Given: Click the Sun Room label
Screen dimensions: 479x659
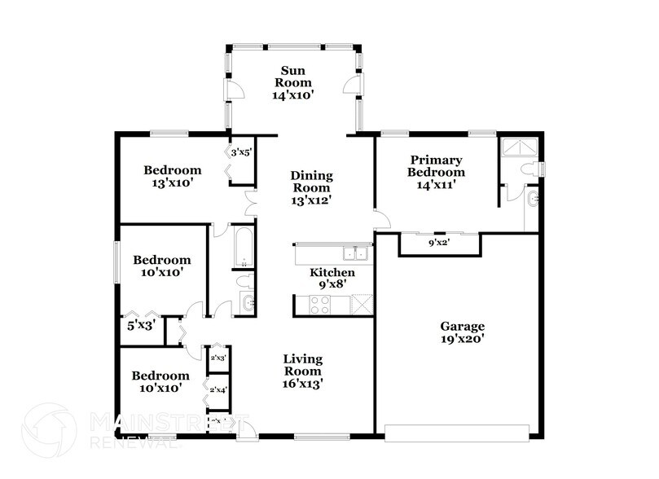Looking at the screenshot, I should (x=292, y=76).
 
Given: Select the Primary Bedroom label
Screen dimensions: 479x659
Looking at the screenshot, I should (x=437, y=166).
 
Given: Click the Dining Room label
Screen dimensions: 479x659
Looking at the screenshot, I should (x=311, y=181).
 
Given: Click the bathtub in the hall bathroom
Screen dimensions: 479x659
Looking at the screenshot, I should (x=243, y=247).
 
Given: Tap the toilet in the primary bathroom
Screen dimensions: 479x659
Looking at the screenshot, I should (x=531, y=169).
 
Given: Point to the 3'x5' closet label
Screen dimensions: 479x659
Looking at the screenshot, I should (x=241, y=152).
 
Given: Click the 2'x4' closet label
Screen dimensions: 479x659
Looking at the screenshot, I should (x=217, y=390).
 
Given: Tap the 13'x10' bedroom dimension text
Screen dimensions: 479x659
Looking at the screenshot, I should (x=172, y=183).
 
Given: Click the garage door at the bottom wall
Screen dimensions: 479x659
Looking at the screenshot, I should (x=460, y=433).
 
